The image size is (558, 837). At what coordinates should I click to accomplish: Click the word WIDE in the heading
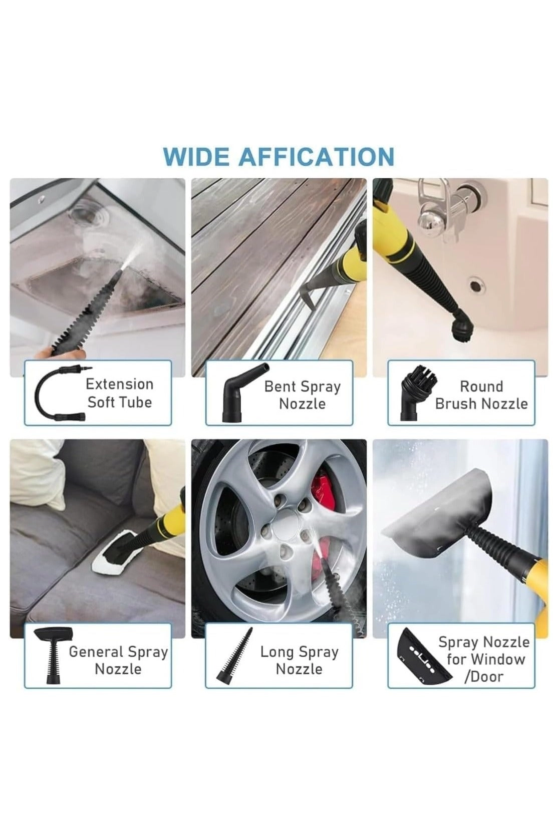195,157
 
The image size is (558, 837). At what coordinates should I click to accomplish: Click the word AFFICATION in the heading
316,157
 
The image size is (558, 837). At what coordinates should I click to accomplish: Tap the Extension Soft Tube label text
119,393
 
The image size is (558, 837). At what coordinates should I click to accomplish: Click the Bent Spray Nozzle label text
302,395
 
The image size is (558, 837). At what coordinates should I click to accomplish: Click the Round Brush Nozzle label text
481,395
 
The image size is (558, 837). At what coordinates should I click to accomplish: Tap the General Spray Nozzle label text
118,660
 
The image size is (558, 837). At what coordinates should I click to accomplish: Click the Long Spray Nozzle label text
299,660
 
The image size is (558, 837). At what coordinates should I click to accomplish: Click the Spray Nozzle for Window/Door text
483,659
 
